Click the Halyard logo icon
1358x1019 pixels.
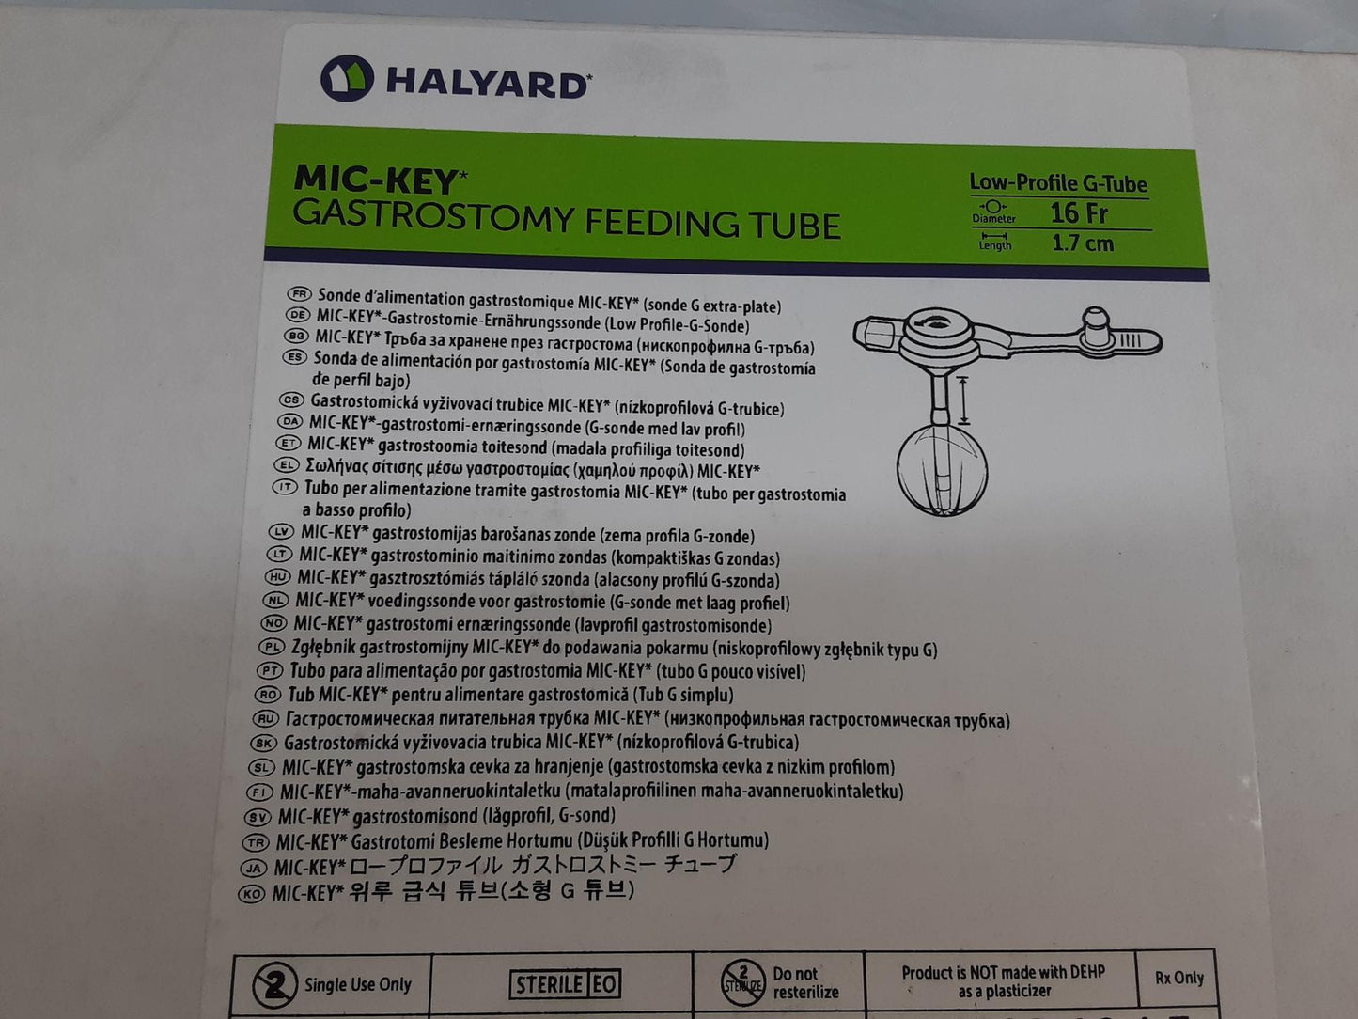[347, 79]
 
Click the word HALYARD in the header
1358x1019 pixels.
[487, 83]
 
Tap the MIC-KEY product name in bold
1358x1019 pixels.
[375, 178]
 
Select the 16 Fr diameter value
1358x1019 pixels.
[1079, 212]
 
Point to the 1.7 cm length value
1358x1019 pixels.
[1083, 243]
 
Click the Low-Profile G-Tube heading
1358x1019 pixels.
[1058, 182]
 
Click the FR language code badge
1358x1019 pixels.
[300, 293]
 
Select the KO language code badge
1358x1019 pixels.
[252, 894]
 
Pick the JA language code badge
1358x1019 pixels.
[254, 868]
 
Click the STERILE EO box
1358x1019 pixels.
[566, 984]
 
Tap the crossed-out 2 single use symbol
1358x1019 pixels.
[274, 985]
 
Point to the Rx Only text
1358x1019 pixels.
[1178, 978]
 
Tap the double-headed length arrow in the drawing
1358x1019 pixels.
[962, 400]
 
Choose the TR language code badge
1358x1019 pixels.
[256, 843]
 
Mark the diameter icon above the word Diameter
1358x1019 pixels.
[993, 206]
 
